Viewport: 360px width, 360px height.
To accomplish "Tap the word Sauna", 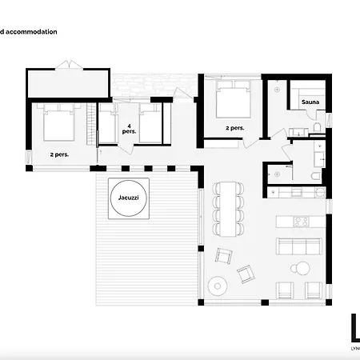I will pos(311,103).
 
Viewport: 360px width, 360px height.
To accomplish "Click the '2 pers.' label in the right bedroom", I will pos(234,128).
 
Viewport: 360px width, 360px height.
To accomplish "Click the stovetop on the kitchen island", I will pos(302,222).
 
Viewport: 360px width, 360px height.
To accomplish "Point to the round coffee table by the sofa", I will pos(302,268).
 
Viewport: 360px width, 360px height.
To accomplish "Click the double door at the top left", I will pos(68,62).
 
